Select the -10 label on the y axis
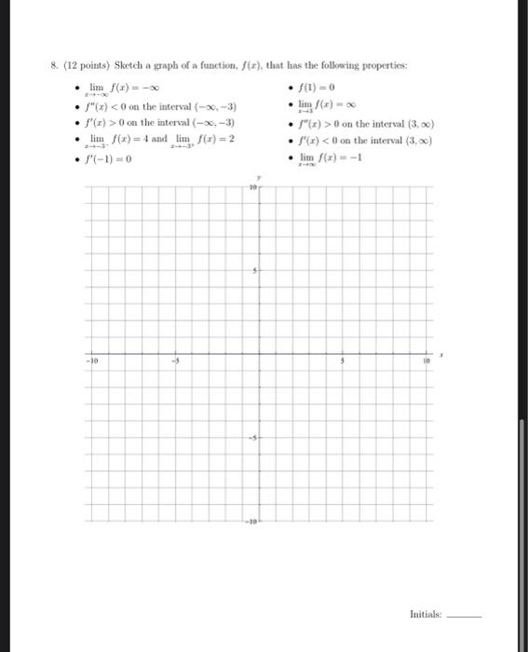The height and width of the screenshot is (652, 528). click(250, 523)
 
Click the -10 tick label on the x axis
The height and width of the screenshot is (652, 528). click(90, 361)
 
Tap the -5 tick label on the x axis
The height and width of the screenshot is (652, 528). click(174, 361)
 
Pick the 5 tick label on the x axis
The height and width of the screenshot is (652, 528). click(342, 361)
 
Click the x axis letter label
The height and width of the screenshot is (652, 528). click(444, 355)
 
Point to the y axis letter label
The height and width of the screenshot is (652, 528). click(258, 177)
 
